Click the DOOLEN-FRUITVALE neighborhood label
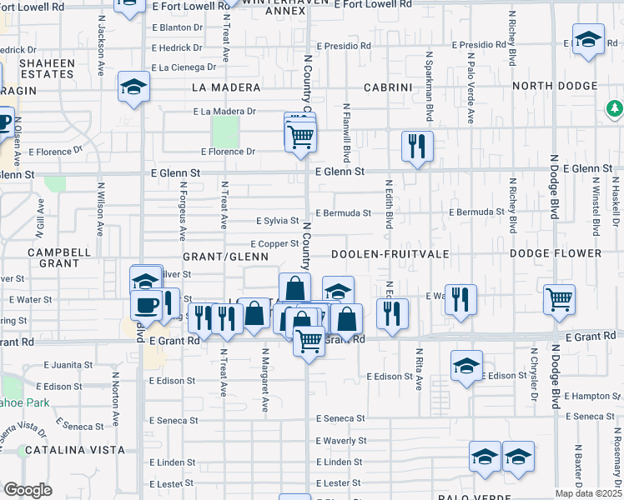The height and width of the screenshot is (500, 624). tap(390, 253)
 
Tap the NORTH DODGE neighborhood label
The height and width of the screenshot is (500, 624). tap(555, 87)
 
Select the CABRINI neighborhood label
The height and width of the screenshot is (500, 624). tap(388, 87)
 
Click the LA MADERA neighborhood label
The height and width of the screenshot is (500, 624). tap(220, 87)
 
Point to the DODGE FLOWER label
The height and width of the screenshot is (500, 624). tap(555, 253)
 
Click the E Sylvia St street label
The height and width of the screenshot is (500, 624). tap(277, 221)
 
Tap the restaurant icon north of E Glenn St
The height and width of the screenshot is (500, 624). tap(417, 146)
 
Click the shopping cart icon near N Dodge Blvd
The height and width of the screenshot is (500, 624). tap(558, 298)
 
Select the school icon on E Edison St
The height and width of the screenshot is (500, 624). tap(466, 365)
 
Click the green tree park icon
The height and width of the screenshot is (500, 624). tap(615, 109)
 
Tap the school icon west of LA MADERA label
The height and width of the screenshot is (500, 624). tap(133, 87)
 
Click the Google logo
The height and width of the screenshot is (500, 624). tap(28, 490)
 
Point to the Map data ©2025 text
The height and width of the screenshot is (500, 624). tap(589, 493)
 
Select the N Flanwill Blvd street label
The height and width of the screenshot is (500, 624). tap(345, 133)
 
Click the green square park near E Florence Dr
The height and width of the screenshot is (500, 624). tap(224, 131)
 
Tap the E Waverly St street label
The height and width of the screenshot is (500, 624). tap(341, 441)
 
